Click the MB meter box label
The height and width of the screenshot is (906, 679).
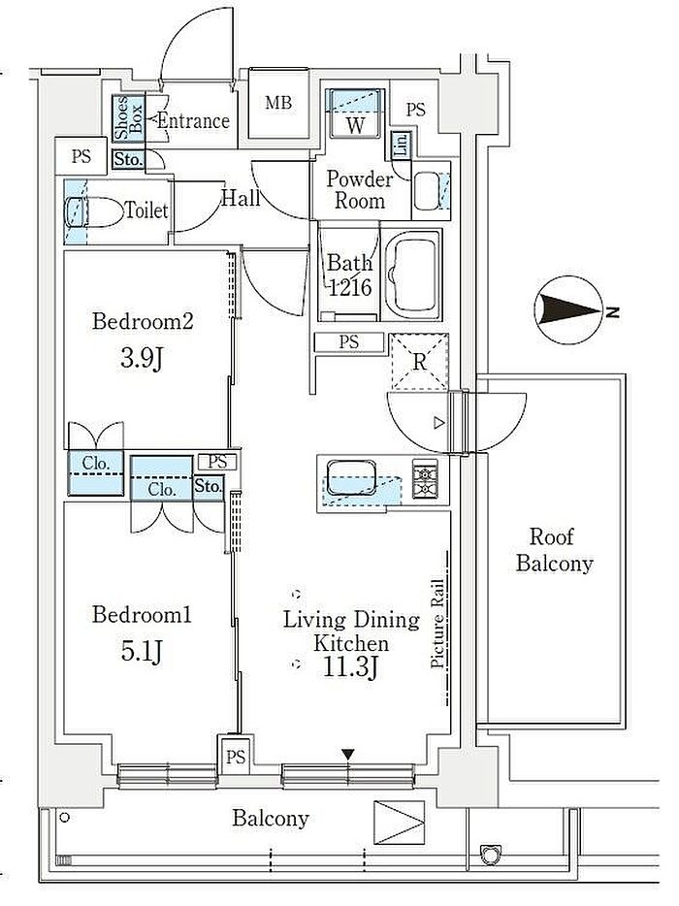pos(278,104)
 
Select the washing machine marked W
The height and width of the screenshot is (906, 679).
pos(355,113)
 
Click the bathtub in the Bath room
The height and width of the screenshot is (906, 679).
pos(412,275)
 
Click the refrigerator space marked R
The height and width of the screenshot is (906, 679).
pos(420,362)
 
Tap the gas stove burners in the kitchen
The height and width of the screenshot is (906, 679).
pos(425,479)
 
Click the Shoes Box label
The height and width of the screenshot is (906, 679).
pos(128,118)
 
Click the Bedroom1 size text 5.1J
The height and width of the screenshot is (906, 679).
pos(142,652)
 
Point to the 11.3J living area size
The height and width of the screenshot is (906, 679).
pos(351,668)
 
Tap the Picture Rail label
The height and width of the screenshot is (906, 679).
pos(437,624)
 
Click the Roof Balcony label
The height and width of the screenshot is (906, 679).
pos(554,549)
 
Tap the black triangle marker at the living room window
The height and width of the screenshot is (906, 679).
pos(347,754)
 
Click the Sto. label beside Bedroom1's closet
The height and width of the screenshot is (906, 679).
pos(208,487)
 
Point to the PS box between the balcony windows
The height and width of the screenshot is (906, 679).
pos(235,757)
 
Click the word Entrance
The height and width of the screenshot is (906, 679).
pos(194,120)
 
